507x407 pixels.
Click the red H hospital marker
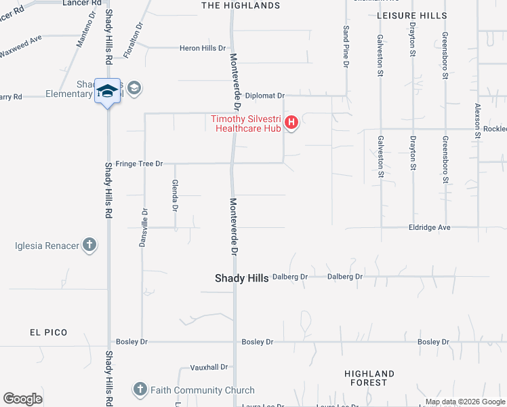coord(291,123)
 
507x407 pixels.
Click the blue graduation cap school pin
coord(107,91)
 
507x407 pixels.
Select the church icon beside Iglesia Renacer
coord(89,245)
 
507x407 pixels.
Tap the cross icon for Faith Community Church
coord(140,390)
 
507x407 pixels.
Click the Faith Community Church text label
coord(203,390)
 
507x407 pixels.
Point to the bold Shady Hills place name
coord(242,278)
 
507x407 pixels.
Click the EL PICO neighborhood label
coord(48,332)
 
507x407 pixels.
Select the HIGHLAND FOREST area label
coord(369,379)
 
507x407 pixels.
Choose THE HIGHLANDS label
coord(241,5)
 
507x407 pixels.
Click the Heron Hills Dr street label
coord(202,48)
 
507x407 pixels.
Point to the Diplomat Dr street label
coord(265,96)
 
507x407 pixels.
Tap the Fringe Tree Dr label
coord(140,163)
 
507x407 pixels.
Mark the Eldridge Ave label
coord(429,228)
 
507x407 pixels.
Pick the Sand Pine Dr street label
coord(346,47)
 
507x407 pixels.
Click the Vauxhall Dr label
coord(209,367)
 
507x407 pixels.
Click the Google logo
coord(23,399)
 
